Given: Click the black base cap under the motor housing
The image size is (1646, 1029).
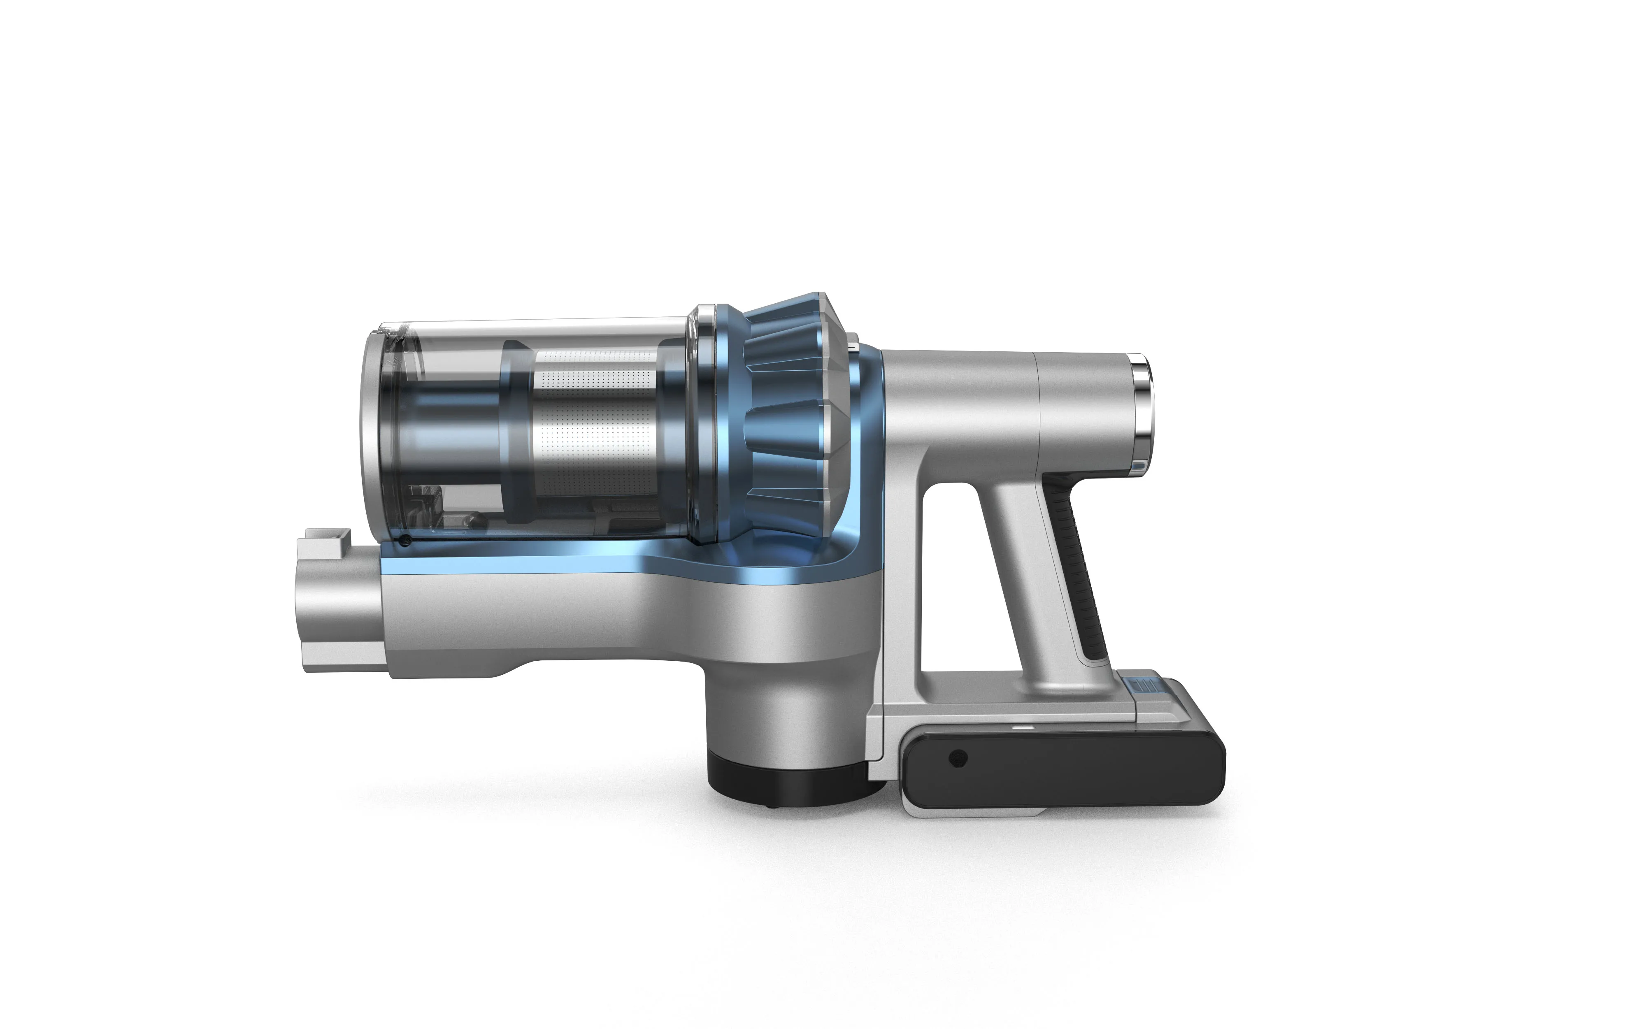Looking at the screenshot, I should (789, 783).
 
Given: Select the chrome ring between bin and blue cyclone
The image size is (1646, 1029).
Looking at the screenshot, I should (701, 422).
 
